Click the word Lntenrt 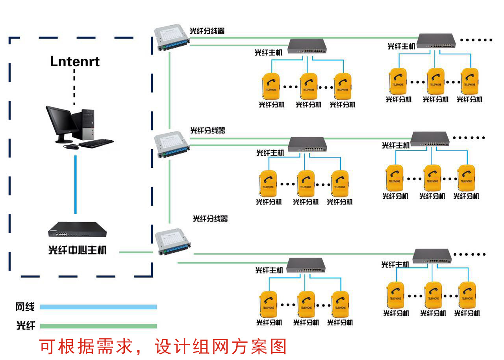tap(75, 61)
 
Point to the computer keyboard tap(96, 143)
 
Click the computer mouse tap(71, 147)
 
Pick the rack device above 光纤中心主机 tap(78, 230)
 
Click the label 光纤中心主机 tap(77, 250)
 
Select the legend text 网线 tap(25, 307)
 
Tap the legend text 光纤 tap(25, 325)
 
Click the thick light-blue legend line tap(98, 307)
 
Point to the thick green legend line tap(98, 326)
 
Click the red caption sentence tap(163, 347)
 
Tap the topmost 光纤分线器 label tap(207, 31)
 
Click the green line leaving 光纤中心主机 tap(136, 252)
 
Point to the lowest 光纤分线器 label tap(210, 219)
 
